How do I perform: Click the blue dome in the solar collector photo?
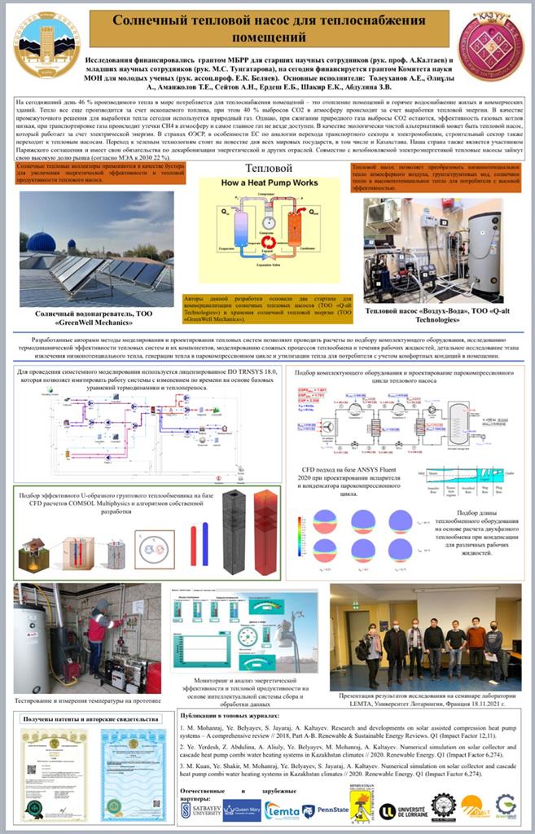(41, 242)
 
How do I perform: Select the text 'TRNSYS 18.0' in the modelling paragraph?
(257, 371)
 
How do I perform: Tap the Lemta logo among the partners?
(281, 810)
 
